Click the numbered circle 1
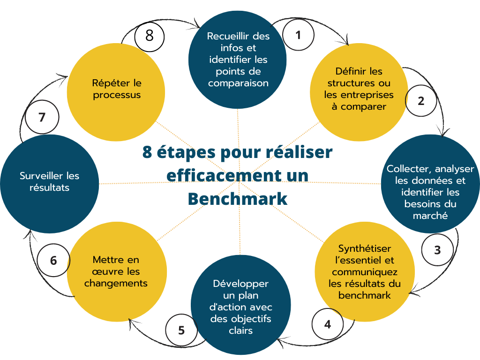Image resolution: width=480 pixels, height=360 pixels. (x=298, y=35)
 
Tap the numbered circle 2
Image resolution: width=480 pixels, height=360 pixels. (x=421, y=100)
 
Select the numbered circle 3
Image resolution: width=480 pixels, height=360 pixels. (x=437, y=250)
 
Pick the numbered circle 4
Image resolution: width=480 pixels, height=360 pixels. (x=328, y=324)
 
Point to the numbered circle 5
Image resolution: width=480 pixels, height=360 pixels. (x=181, y=330)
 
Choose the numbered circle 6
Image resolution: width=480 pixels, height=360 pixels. (x=53, y=260)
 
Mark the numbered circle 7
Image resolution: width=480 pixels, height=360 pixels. (x=42, y=117)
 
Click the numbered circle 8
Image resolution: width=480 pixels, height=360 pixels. (x=150, y=36)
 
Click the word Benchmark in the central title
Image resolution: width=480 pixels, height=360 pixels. (x=238, y=199)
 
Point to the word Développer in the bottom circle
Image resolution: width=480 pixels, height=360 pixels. (x=240, y=284)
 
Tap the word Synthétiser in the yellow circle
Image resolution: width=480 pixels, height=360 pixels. (x=365, y=248)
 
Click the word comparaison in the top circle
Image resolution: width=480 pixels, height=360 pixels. (x=239, y=83)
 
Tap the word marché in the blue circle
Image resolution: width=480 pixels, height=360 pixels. (x=430, y=216)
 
